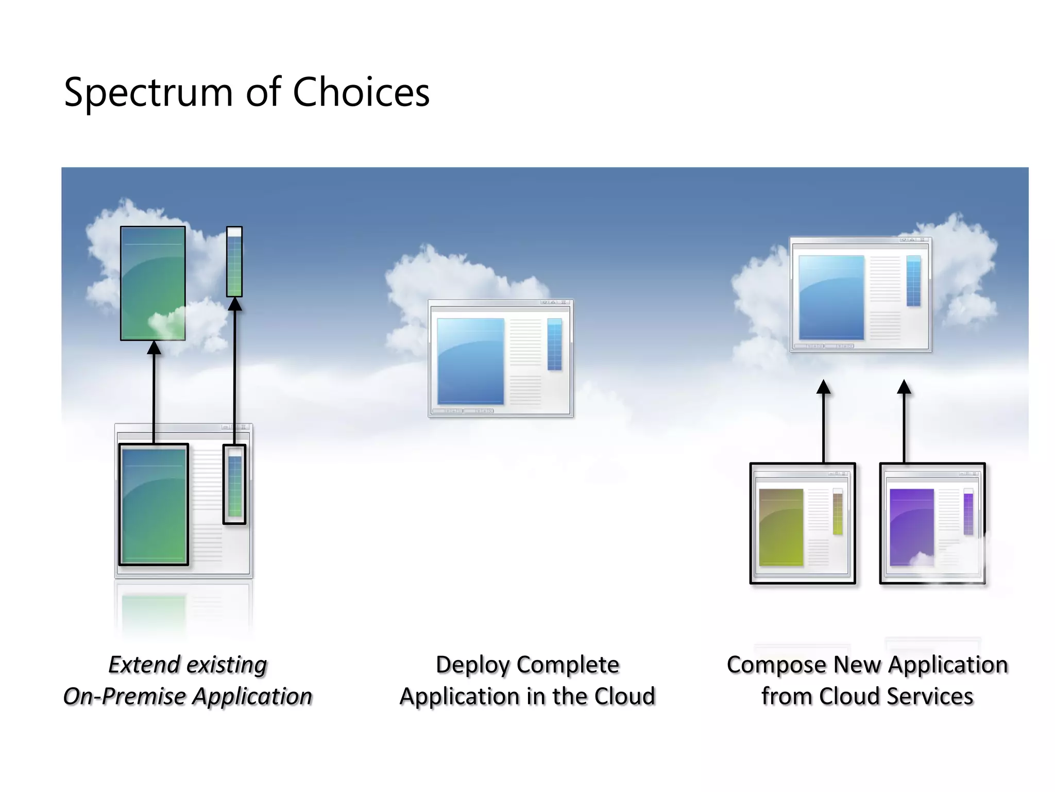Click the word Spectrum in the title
click(148, 93)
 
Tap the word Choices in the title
click(361, 93)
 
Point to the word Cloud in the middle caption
click(624, 697)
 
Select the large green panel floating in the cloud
click(153, 283)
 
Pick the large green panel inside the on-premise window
click(154, 505)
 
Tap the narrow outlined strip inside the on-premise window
click(234, 484)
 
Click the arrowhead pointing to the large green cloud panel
click(154, 348)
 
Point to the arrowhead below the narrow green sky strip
click(235, 304)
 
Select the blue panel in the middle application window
click(470, 361)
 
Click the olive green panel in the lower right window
click(781, 526)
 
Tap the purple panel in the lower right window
click(911, 526)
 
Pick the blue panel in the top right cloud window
click(831, 297)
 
